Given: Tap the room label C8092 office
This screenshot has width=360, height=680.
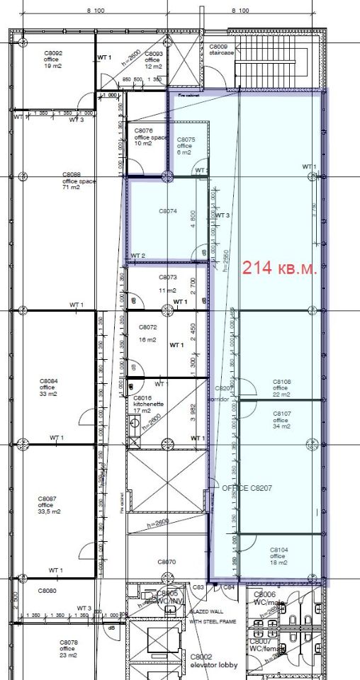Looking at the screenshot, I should [54, 59].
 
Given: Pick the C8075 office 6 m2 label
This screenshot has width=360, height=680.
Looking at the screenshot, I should [186, 146].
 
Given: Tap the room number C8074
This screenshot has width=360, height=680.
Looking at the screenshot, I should [167, 211].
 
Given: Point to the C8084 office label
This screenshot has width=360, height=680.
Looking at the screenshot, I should [48, 387].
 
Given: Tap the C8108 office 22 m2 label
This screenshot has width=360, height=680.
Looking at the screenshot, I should [281, 387].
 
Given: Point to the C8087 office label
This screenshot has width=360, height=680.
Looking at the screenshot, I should [48, 504].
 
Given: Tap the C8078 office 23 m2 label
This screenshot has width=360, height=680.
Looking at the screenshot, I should [67, 648].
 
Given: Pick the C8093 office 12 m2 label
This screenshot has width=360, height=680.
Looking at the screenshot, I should [154, 60].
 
